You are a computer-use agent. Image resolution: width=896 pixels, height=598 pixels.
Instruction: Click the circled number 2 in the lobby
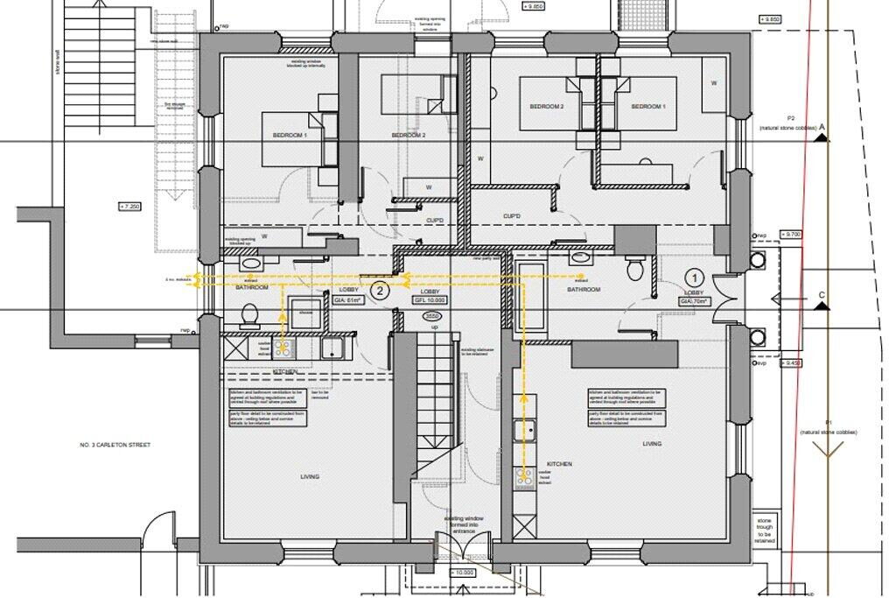[379, 291]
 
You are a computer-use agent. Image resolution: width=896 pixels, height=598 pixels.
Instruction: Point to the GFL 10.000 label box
[430, 299]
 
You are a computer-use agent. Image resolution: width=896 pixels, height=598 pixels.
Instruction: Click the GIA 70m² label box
[696, 300]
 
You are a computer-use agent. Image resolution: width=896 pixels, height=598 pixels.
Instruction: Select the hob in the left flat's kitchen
[284, 348]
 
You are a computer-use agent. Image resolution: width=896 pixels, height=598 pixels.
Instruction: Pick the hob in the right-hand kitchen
[526, 477]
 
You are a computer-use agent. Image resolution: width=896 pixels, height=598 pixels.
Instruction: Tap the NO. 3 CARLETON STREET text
[114, 446]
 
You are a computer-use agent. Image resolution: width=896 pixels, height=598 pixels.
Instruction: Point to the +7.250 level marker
[129, 207]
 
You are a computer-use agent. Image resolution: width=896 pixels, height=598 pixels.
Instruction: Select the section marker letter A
[822, 128]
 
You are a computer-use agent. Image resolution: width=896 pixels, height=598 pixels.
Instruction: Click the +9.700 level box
[791, 235]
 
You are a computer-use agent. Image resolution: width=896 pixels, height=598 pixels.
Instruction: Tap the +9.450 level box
[791, 362]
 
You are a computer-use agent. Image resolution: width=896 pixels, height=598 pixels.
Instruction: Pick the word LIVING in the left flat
[309, 477]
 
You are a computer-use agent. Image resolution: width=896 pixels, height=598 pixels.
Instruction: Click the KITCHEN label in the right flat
[559, 464]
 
